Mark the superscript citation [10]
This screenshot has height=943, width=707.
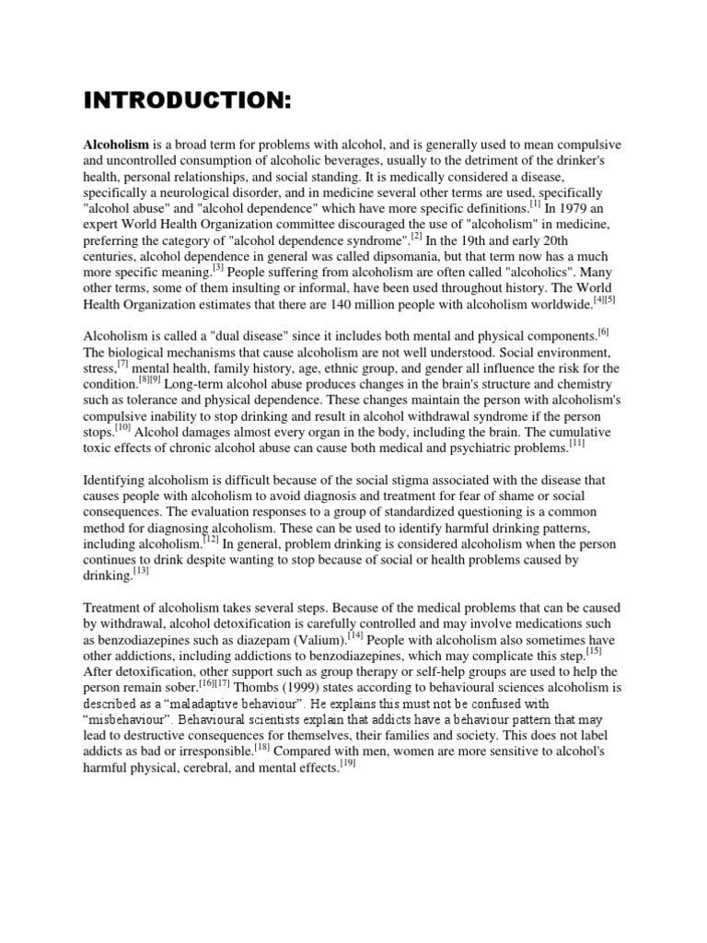[x=123, y=427]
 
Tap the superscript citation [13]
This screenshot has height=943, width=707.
[x=142, y=572]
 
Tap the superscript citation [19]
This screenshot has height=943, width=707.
[x=348, y=764]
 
